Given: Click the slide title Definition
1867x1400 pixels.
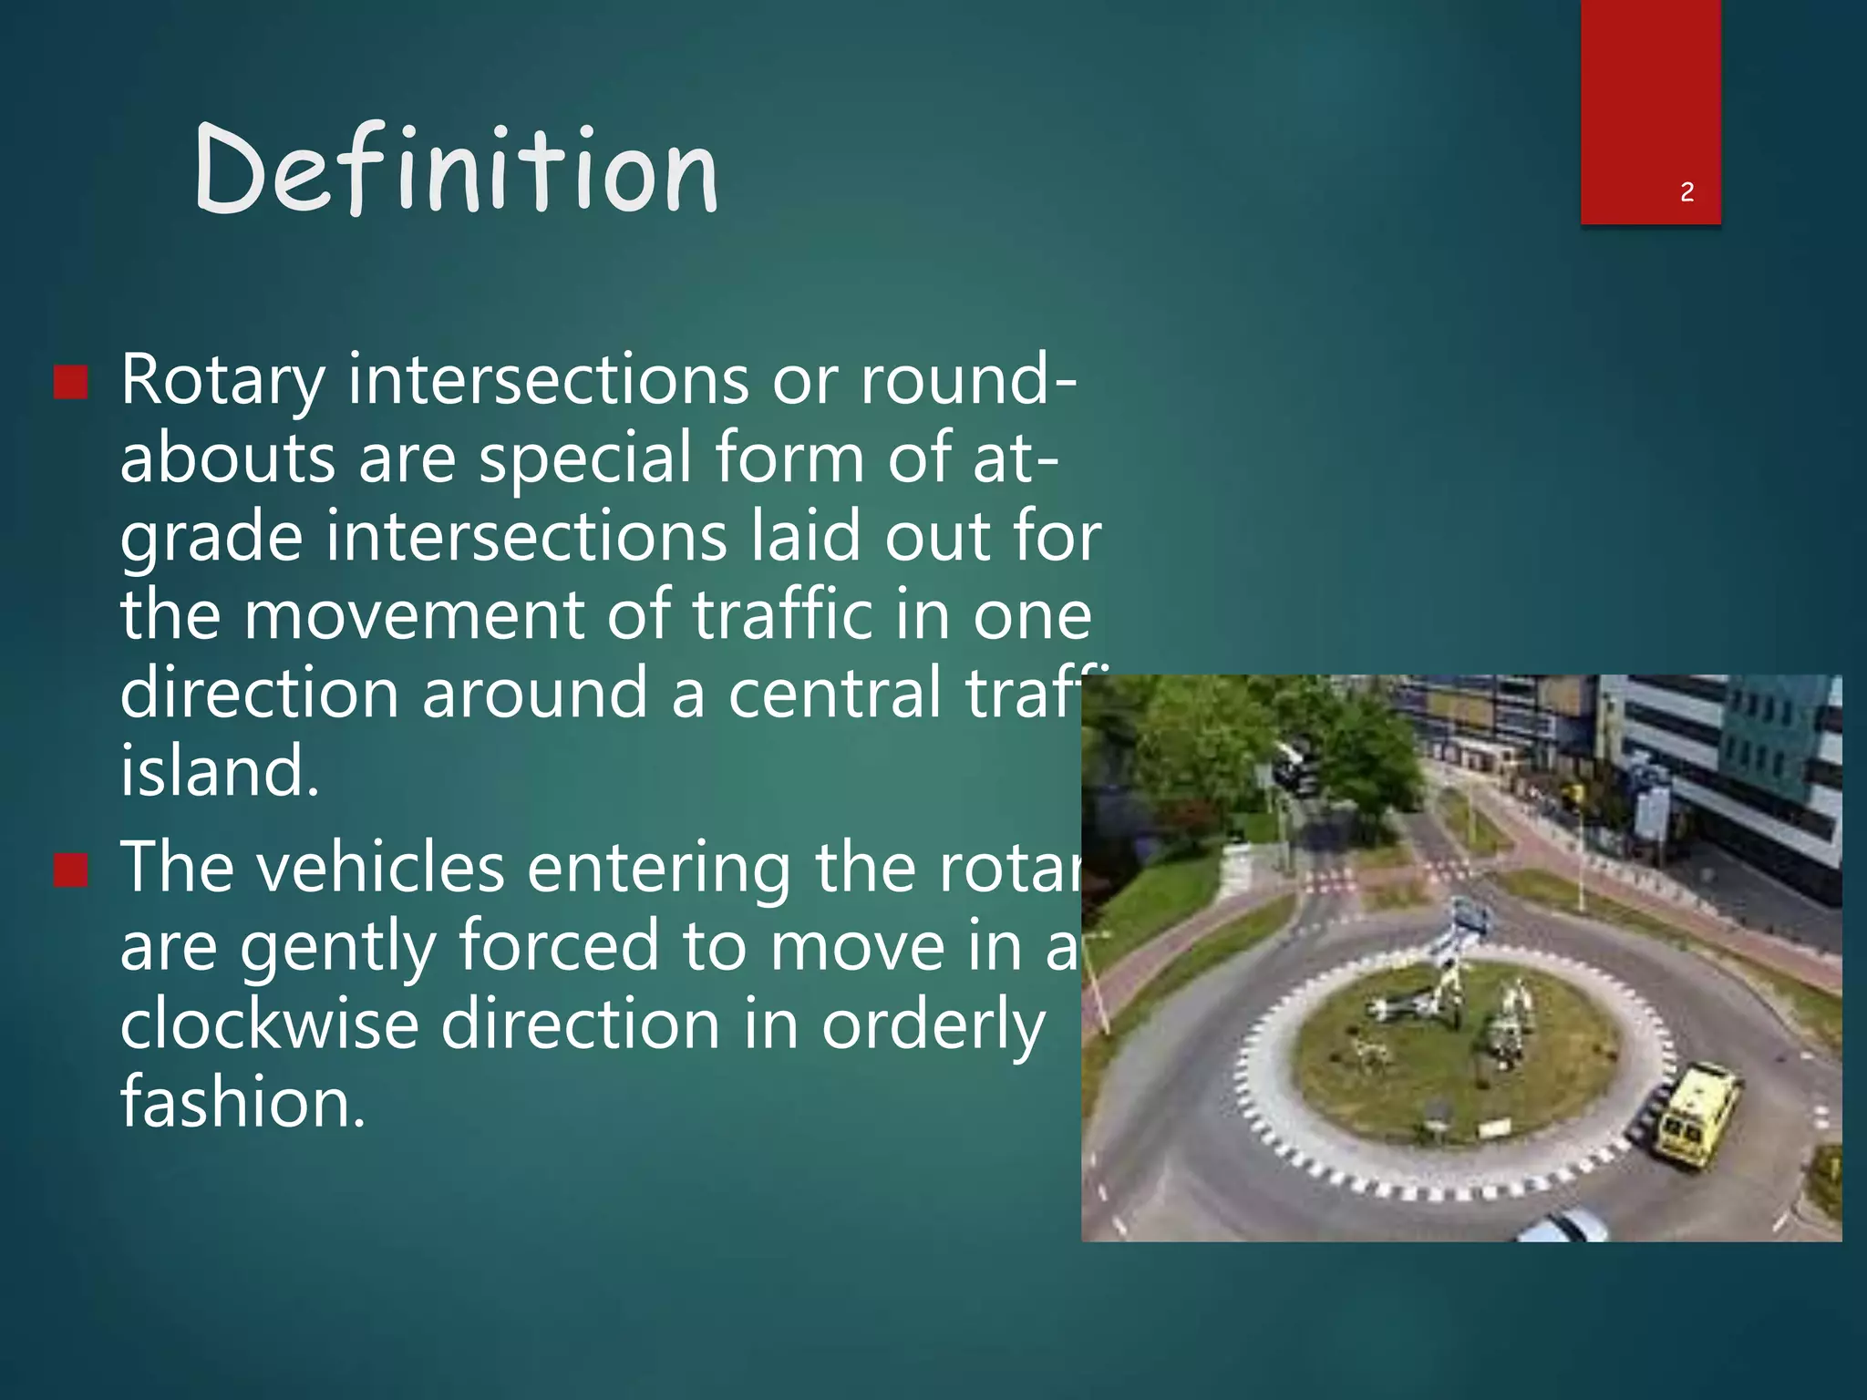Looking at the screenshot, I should [x=456, y=170].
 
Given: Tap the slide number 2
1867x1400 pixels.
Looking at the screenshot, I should [x=1686, y=192].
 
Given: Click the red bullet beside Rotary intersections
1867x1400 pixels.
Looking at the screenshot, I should [x=71, y=383].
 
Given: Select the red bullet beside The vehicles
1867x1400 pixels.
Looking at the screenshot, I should [x=71, y=870].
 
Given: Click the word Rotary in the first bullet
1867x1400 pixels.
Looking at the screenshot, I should [x=222, y=381].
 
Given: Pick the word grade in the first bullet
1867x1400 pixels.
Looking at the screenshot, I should [x=211, y=538].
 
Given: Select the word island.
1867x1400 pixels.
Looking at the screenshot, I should [x=220, y=771].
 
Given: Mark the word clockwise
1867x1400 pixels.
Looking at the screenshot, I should [x=269, y=1024].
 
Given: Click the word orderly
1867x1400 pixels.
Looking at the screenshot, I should [x=933, y=1026].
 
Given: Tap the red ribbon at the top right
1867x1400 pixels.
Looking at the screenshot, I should [x=1650, y=100].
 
